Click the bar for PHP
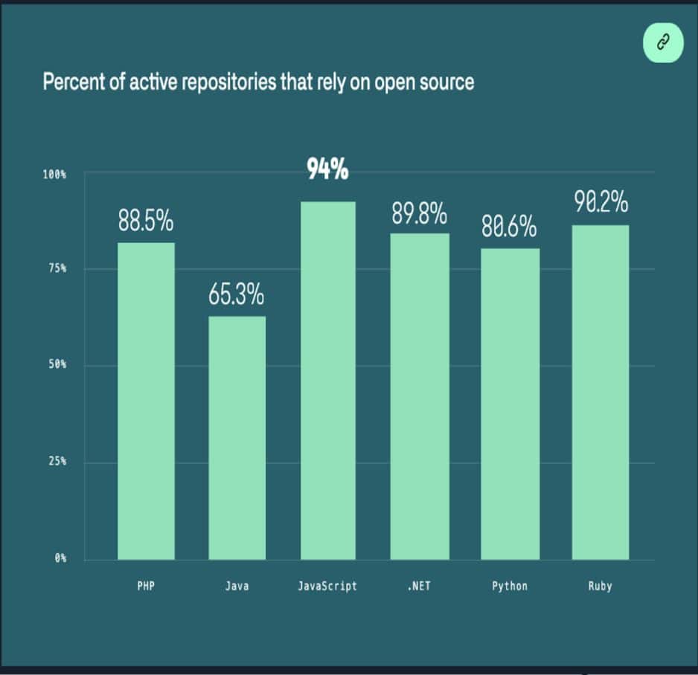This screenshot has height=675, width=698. click(146, 401)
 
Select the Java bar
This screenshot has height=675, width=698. click(237, 438)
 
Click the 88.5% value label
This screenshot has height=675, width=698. click(146, 222)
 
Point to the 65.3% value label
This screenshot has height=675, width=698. click(237, 296)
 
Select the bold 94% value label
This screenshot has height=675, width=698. click(327, 171)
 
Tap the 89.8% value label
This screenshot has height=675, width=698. click(420, 213)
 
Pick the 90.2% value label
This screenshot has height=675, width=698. click(601, 202)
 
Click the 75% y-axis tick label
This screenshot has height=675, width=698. click(57, 268)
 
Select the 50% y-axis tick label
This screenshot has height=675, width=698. click(57, 365)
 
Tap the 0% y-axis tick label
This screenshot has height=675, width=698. click(60, 558)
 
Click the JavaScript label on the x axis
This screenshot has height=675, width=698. click(327, 586)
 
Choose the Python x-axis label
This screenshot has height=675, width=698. click(510, 586)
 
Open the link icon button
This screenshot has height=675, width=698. click(662, 43)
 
